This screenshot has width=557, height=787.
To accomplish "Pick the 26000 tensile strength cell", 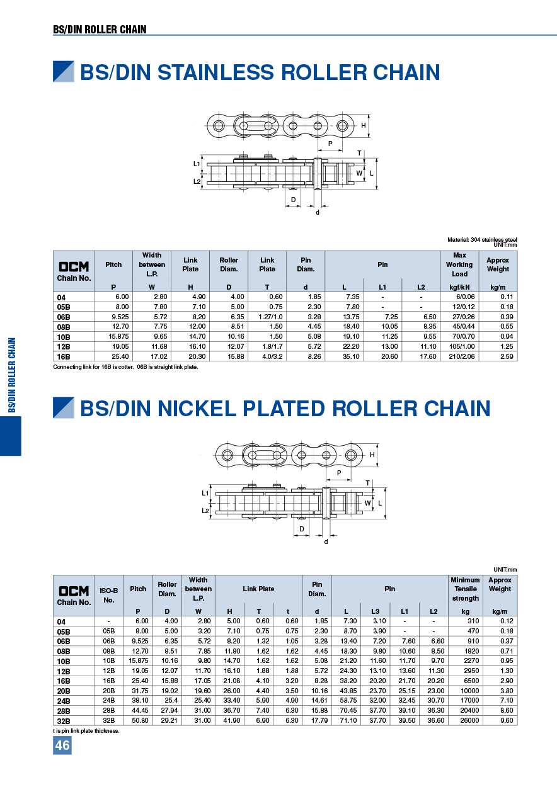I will (x=466, y=721).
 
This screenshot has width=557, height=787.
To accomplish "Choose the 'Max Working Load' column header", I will (x=459, y=264).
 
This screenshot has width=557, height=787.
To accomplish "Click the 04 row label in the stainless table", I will (x=61, y=297).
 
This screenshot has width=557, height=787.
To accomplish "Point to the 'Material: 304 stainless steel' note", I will (x=482, y=240).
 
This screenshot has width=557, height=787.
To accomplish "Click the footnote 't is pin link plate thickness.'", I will (x=86, y=731).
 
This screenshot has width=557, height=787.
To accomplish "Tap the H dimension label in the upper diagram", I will (x=364, y=125).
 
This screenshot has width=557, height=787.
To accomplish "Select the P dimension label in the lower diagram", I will (x=339, y=472).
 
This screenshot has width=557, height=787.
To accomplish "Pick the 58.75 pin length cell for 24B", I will (x=348, y=701).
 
